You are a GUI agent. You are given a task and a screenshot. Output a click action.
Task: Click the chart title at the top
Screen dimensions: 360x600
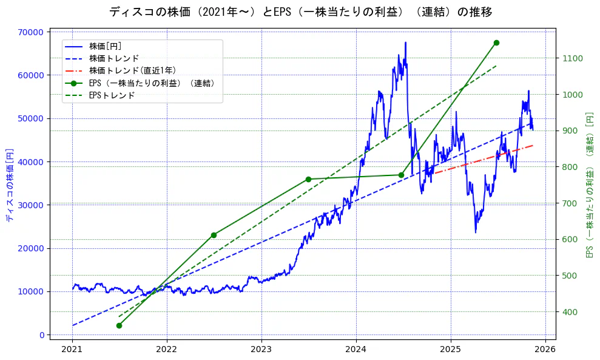coord(300,12)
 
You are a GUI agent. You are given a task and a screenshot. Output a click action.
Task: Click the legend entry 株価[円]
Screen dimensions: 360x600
coord(106,46)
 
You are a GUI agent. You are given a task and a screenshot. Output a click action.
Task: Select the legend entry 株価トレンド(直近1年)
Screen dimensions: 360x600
coord(132,70)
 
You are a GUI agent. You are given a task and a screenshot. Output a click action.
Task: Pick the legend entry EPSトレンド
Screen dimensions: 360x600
coord(112,95)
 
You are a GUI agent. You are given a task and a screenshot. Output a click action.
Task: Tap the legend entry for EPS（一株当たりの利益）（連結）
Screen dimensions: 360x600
coord(152,83)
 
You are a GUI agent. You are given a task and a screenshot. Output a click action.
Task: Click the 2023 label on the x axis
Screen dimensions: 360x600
coord(261,350)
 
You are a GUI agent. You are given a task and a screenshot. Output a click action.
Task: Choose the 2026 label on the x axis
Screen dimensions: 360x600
coord(545,350)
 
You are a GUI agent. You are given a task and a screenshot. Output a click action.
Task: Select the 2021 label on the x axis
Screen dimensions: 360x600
coord(72,350)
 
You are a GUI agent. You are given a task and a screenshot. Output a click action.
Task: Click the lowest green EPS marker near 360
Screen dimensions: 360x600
coord(119,325)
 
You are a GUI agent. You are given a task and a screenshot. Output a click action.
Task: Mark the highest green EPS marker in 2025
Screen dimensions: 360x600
coord(496,42)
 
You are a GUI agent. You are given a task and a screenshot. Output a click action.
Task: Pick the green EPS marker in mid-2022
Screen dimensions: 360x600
coord(214,235)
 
